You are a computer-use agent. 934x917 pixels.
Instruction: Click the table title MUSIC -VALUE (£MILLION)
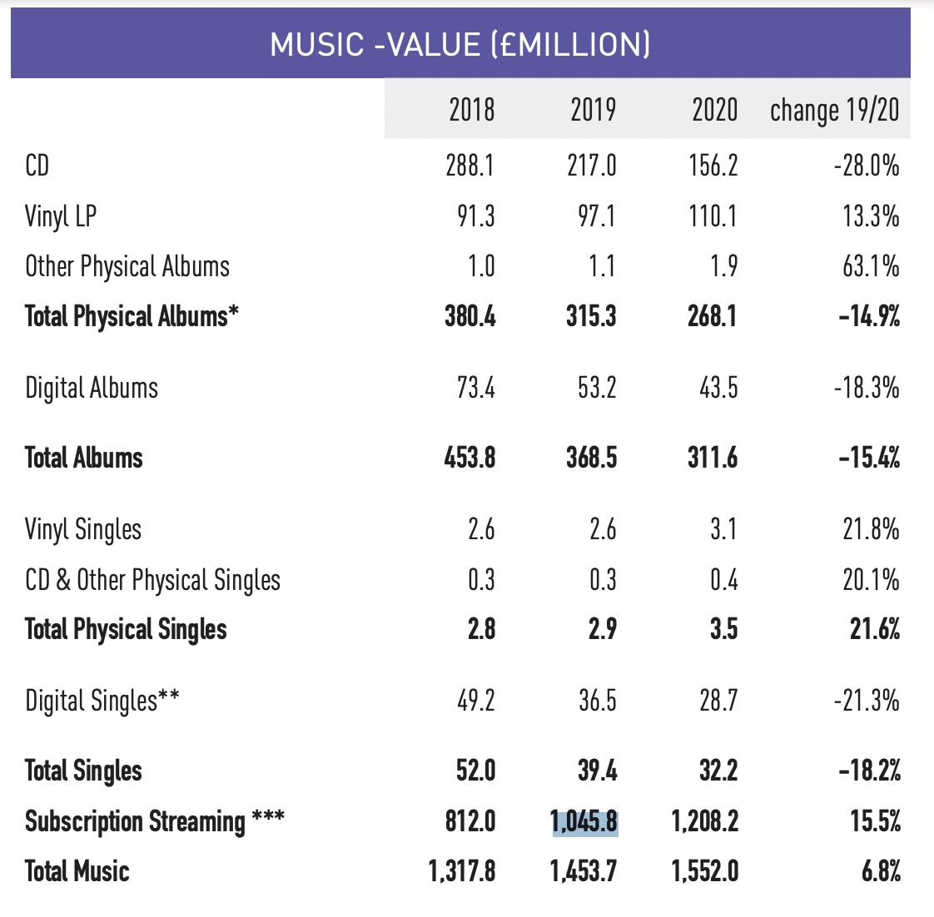click(460, 44)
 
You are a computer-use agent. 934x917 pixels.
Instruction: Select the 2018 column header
click(471, 110)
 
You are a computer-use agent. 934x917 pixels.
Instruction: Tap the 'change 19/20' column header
click(834, 110)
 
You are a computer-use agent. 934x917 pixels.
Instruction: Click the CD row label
click(37, 166)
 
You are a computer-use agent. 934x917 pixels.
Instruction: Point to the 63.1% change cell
click(871, 266)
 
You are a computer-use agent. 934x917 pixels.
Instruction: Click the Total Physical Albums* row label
click(132, 316)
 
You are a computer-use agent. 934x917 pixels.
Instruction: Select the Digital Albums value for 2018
click(475, 388)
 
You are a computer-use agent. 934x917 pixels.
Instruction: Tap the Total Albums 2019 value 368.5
click(592, 458)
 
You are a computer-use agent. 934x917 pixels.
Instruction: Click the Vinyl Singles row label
click(83, 529)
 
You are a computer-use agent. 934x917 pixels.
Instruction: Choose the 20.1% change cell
click(871, 579)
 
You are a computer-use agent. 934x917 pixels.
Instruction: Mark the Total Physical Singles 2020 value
click(723, 629)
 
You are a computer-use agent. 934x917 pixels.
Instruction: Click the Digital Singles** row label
click(102, 701)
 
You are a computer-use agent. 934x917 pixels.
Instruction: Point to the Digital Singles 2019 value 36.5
click(598, 701)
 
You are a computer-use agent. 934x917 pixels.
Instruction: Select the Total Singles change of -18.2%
click(870, 771)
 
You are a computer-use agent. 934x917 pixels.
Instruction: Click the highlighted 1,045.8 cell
click(584, 821)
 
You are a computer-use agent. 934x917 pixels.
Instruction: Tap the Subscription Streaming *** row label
click(154, 821)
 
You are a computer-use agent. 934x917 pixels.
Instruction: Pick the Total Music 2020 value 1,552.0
click(705, 871)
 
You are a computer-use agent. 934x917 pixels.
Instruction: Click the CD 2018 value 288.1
click(469, 166)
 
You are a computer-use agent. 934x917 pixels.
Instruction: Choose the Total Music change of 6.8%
click(881, 871)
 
